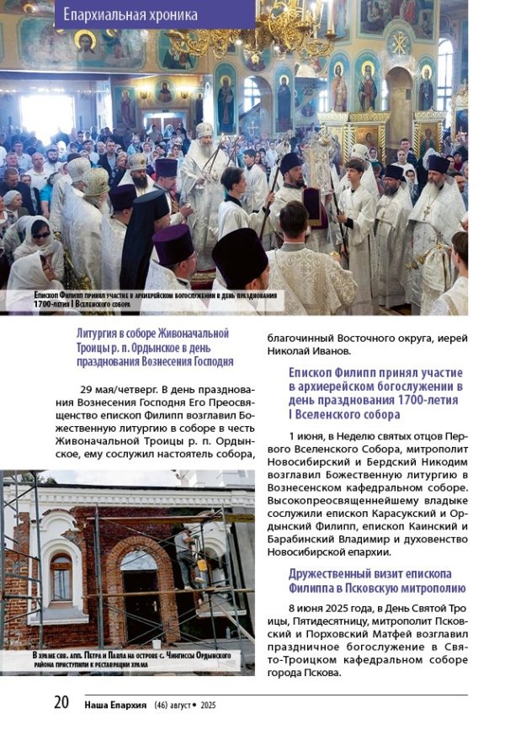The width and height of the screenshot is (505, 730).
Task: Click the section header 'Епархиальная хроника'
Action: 130,14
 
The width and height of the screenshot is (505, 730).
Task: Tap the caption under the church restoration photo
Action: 130,660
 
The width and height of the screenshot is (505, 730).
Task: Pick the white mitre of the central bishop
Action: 204,131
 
